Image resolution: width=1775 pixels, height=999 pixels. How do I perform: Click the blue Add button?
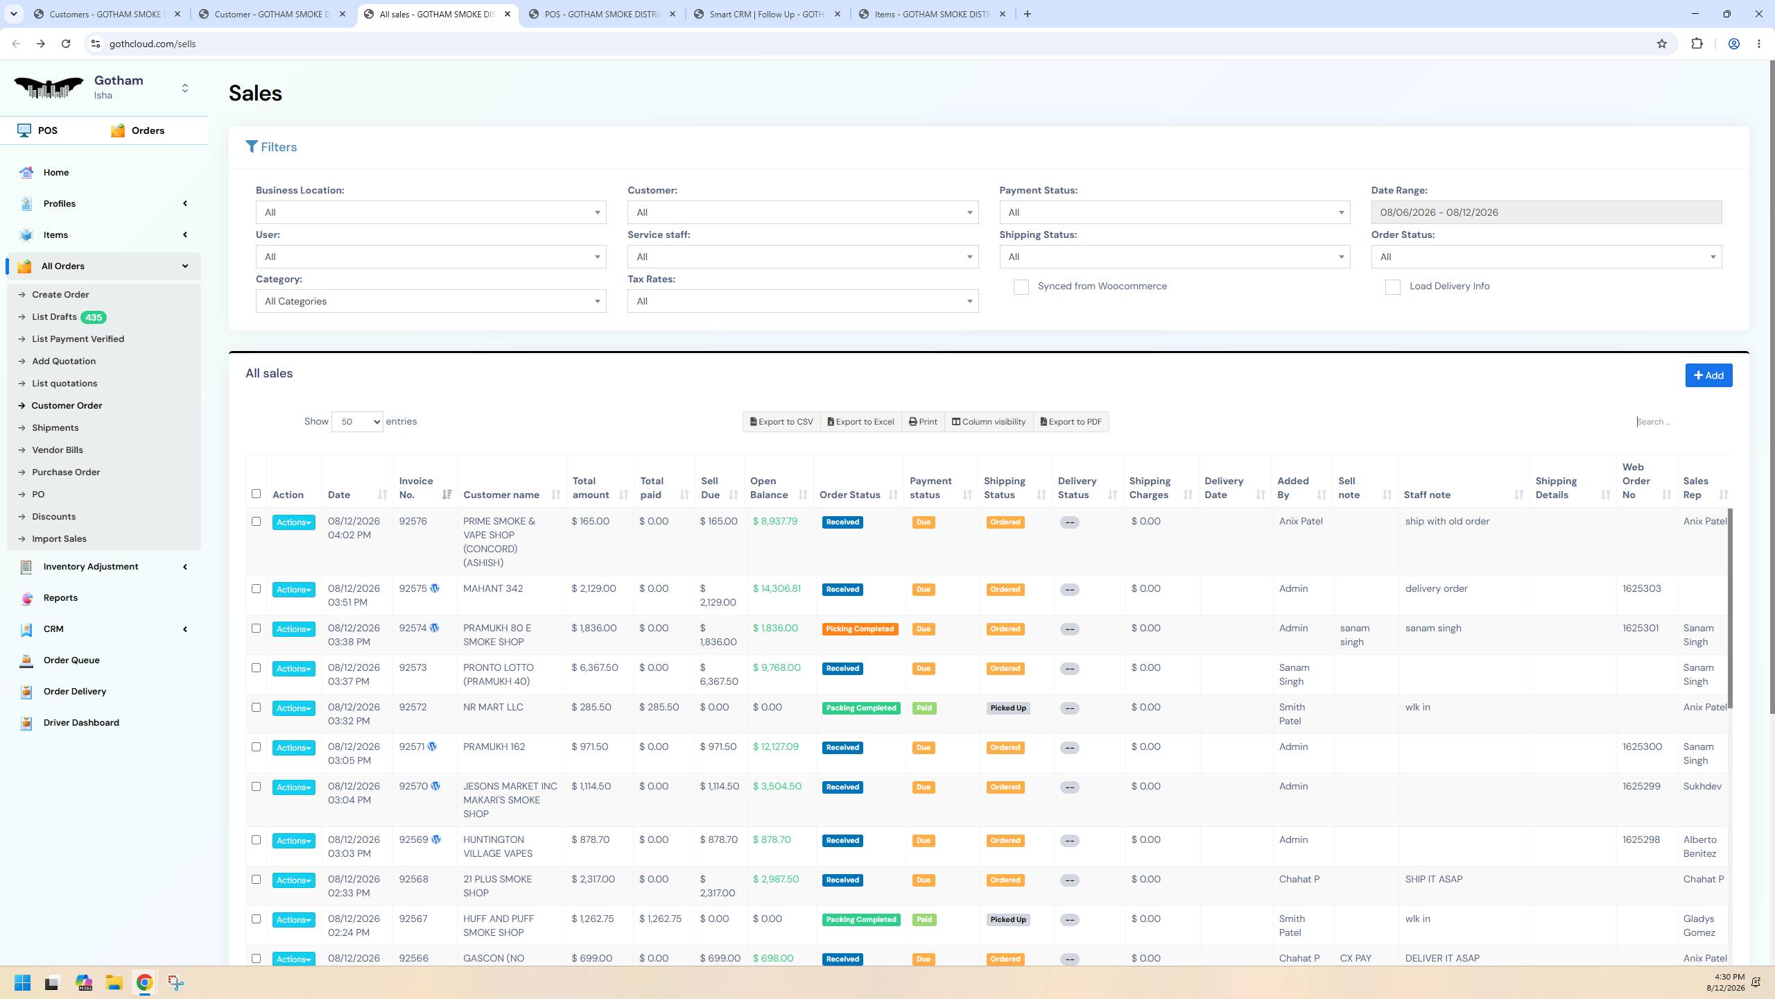click(x=1708, y=375)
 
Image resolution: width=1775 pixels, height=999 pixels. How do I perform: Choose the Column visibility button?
click(x=988, y=422)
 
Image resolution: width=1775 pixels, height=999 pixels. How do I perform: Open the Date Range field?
click(x=1546, y=212)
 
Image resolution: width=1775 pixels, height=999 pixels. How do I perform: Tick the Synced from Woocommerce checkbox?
click(x=1021, y=287)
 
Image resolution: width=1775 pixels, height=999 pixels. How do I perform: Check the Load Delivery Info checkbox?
click(x=1392, y=287)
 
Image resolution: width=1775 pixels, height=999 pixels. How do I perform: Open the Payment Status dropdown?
click(x=1175, y=212)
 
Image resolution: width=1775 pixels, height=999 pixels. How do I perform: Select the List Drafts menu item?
click(x=54, y=317)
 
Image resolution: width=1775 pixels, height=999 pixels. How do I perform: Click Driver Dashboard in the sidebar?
click(x=81, y=723)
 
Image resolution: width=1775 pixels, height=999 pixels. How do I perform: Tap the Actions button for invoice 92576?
click(x=293, y=522)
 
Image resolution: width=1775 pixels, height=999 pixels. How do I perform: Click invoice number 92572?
click(x=413, y=708)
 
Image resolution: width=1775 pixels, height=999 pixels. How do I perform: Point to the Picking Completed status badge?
click(x=860, y=629)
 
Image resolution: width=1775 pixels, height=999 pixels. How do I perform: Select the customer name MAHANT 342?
click(x=493, y=589)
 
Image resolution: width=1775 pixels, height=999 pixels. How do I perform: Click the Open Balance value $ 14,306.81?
click(x=777, y=589)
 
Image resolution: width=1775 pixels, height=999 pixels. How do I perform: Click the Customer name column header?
click(x=501, y=495)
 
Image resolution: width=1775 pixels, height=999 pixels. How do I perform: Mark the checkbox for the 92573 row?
click(x=256, y=668)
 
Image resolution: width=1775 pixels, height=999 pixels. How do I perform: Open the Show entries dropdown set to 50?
click(x=357, y=422)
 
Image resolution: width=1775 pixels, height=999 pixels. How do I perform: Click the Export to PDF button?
click(x=1071, y=422)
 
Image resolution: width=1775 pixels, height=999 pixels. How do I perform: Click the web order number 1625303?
click(x=1641, y=589)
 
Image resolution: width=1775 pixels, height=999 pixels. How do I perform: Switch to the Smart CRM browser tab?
click(x=767, y=14)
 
